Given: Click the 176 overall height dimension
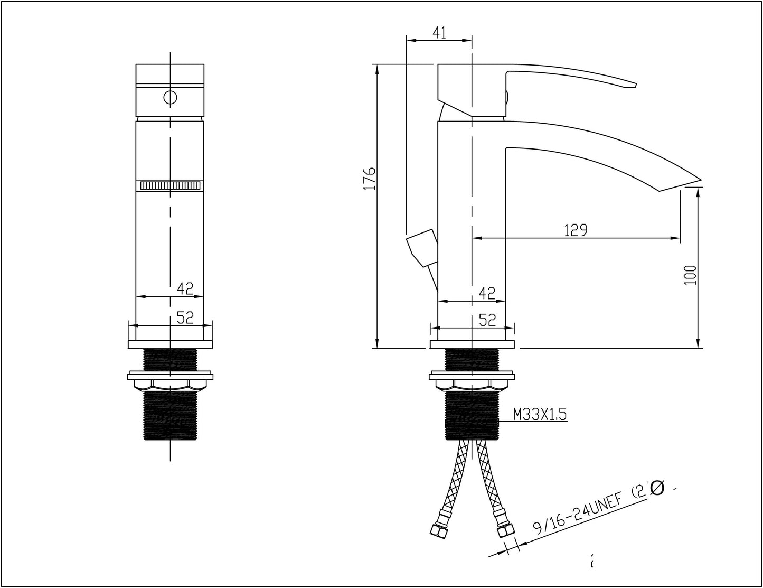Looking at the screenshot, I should tap(370, 179).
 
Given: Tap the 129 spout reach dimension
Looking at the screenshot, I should tap(576, 230).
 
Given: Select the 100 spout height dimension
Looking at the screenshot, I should tap(690, 275).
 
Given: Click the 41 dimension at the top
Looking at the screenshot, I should tap(439, 33).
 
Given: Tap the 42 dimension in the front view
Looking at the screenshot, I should tap(185, 288).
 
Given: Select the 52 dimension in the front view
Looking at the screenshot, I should tap(185, 317).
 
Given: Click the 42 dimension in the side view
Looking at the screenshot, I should tap(486, 293).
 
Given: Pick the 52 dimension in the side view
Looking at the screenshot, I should tap(486, 320).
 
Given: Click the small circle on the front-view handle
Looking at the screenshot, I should tap(170, 98).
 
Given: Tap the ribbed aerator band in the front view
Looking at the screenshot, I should tap(170, 185).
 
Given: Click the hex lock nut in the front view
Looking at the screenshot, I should tap(170, 382).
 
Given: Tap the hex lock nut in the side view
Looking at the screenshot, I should tap(472, 382).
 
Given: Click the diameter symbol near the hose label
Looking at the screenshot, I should tap(656, 489).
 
